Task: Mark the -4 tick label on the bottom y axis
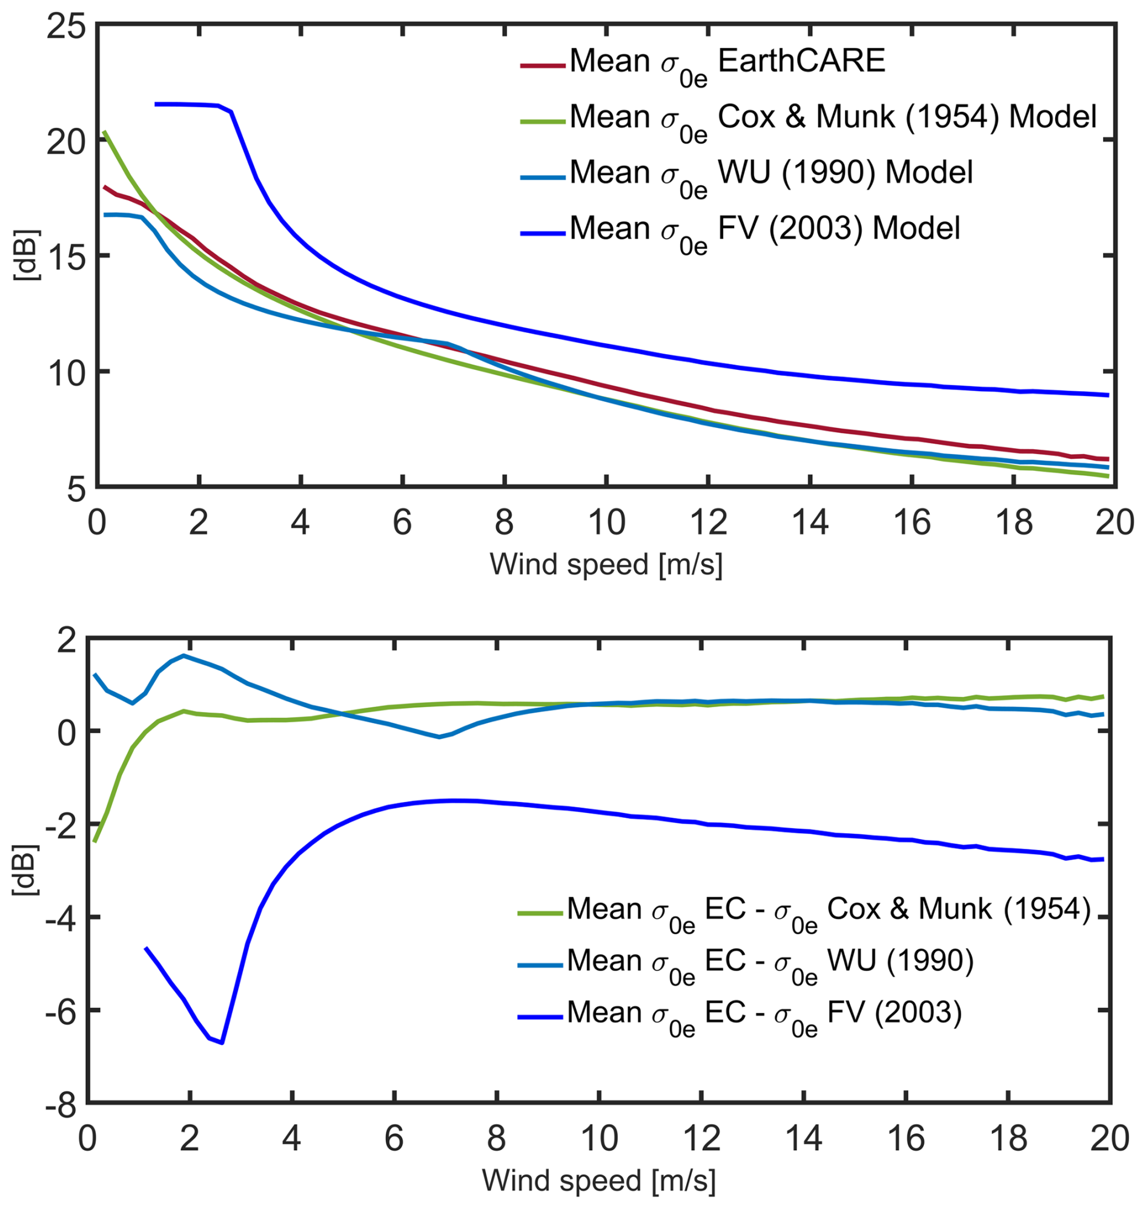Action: click(60, 918)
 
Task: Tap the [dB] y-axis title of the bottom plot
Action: click(25, 870)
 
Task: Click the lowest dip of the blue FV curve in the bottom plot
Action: click(222, 1043)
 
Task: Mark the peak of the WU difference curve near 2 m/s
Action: click(184, 656)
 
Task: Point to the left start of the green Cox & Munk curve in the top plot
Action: click(105, 132)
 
